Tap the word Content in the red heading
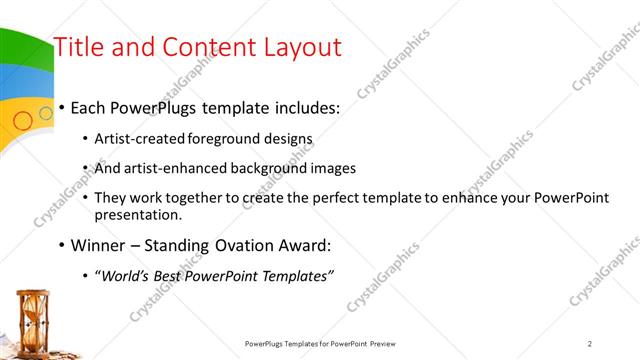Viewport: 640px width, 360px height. (206, 47)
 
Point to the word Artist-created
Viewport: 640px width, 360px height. (136, 138)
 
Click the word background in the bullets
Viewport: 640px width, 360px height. (256, 168)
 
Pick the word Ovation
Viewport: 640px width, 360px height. (227, 245)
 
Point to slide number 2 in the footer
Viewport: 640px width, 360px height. (590, 343)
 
